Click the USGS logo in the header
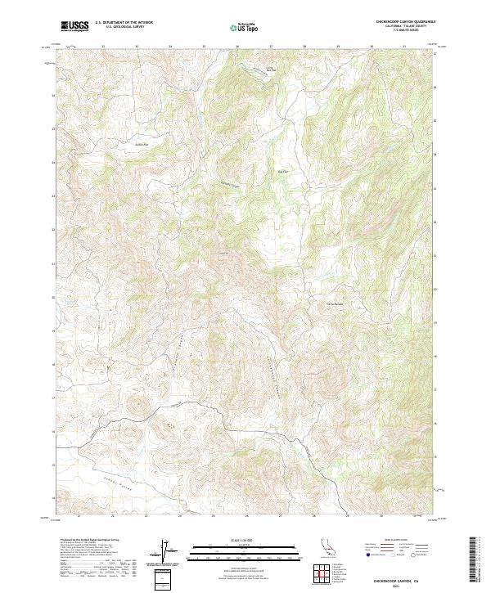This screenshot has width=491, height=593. (x=74, y=26)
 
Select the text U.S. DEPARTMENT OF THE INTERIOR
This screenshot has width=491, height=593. (x=124, y=22)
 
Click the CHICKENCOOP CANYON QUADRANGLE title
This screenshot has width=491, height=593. (x=407, y=21)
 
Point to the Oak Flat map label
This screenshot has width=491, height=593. (x=283, y=172)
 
